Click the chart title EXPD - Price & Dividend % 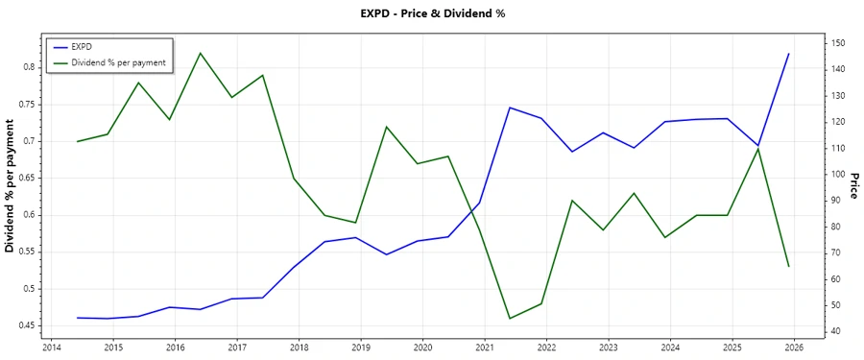[431, 13]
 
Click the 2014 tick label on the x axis [52, 347]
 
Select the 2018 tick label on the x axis [299, 347]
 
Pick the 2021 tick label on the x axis [484, 347]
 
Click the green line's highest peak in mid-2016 [200, 53]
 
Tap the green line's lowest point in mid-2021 [510, 318]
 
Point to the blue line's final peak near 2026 [789, 54]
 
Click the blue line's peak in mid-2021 [510, 108]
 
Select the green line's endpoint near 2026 [789, 266]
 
